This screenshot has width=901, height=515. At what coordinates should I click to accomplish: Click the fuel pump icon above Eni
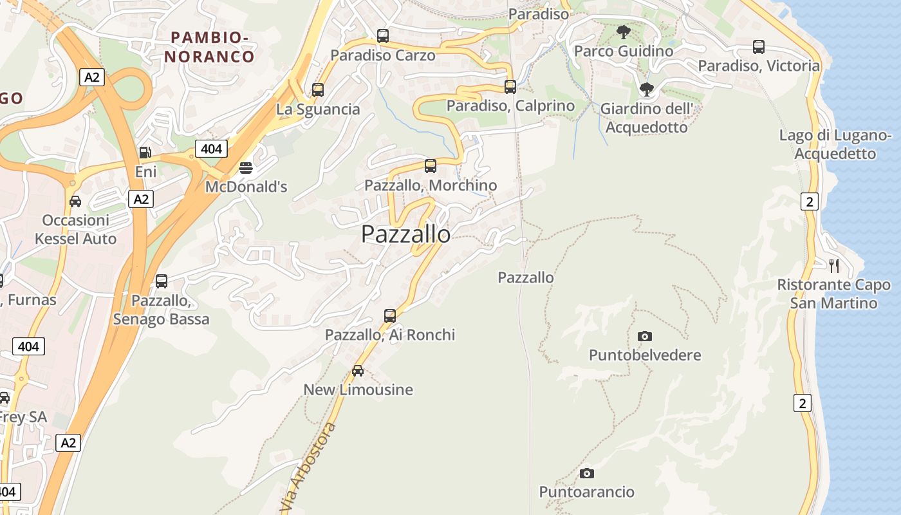click(x=145, y=153)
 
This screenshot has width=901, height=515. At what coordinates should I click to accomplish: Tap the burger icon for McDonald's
click(x=246, y=168)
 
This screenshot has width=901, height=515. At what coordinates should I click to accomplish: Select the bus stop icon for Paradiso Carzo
click(x=383, y=36)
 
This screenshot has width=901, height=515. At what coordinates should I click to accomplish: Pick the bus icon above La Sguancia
click(x=318, y=90)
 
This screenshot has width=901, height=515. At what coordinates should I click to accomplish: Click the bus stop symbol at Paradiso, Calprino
click(x=510, y=86)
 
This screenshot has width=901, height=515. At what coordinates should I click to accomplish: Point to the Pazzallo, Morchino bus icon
click(x=431, y=166)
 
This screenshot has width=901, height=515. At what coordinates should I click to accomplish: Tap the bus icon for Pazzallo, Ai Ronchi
click(x=390, y=315)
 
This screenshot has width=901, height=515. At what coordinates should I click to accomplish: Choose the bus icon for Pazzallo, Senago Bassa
click(x=162, y=281)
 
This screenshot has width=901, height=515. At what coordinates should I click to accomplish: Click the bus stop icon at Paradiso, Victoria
click(x=759, y=47)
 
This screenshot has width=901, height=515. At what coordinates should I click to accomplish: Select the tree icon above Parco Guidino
click(x=623, y=32)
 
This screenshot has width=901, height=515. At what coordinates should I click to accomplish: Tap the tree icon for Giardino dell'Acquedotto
click(x=647, y=89)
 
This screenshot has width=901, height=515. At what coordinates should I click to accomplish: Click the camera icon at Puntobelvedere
click(x=645, y=336)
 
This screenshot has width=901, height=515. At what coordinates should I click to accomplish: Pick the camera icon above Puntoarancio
click(x=586, y=474)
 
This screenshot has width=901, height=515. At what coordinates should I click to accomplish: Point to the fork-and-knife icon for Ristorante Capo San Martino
click(x=834, y=265)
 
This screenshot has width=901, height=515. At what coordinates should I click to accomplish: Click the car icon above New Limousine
click(x=358, y=371)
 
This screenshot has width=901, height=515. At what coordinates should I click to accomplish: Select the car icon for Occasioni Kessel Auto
click(x=75, y=201)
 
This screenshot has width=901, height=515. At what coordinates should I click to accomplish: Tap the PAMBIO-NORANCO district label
click(x=209, y=47)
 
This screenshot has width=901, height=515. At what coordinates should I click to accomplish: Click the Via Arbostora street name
click(x=310, y=467)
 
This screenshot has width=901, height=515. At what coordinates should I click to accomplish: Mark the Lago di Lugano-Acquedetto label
click(x=835, y=144)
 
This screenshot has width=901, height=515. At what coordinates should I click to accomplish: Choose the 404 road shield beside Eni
click(x=210, y=149)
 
